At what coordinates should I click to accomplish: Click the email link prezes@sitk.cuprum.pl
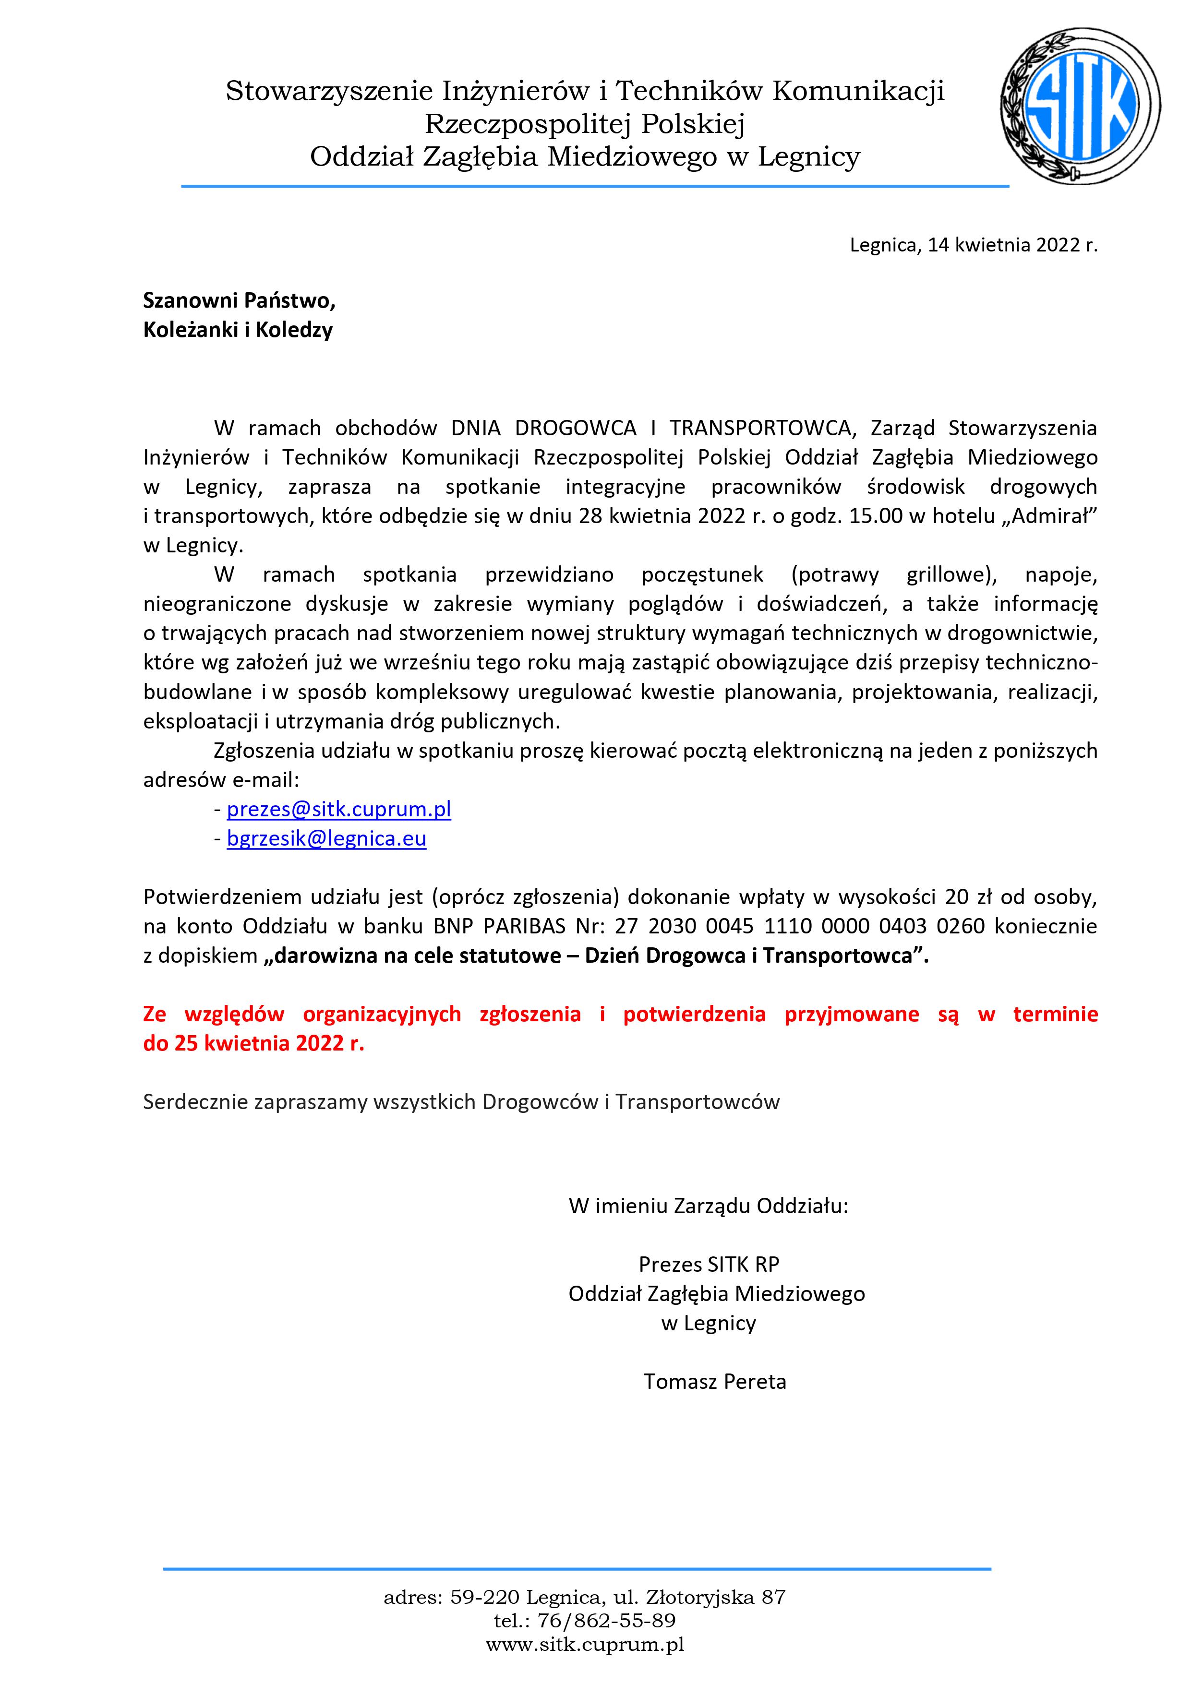coord(338,809)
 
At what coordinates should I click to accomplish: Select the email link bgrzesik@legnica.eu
coord(326,838)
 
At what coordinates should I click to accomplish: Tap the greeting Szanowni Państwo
coord(239,301)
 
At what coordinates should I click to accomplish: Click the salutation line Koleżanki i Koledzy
coord(238,330)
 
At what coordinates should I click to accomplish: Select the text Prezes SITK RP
coord(709,1265)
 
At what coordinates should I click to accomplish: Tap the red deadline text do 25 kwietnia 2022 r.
coord(254,1044)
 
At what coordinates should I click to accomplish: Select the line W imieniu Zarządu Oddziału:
coord(708,1206)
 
